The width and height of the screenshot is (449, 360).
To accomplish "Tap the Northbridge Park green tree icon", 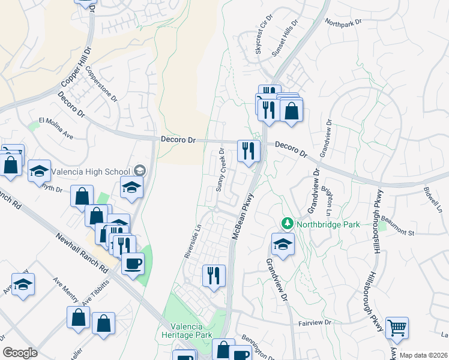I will coord(287,224).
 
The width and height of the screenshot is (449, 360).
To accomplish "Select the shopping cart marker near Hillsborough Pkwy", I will coord(397,328).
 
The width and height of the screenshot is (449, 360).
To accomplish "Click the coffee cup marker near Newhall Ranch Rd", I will coord(133,263).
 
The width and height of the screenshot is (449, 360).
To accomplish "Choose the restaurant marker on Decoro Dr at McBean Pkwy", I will coord(248,150).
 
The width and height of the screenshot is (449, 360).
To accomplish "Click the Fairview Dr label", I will coord(315,323).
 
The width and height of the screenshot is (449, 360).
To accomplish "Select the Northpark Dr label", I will coord(344,22).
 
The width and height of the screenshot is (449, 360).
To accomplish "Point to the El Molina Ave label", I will coord(56,128).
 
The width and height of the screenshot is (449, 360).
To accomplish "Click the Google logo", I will coord(20,353).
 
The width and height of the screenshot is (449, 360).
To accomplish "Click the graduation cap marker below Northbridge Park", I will coord(283,244).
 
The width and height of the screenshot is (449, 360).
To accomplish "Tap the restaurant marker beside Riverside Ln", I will coord(214,275).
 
